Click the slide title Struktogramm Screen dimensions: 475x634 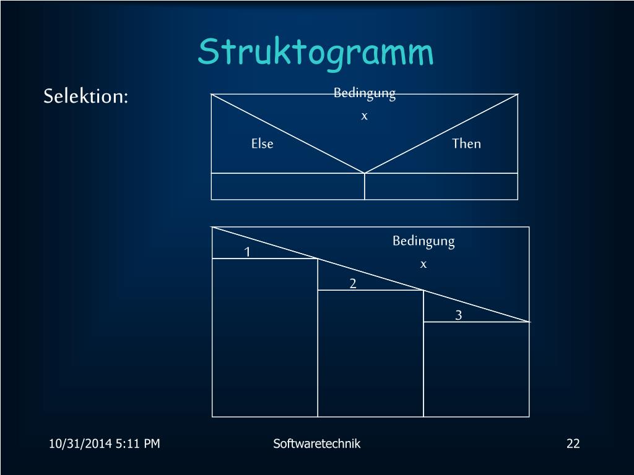pyautogui.click(x=316, y=52)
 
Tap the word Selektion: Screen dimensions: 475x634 pyautogui.click(x=85, y=96)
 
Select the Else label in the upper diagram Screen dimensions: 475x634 pyautogui.click(x=262, y=143)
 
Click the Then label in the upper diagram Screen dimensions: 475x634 pyautogui.click(x=466, y=143)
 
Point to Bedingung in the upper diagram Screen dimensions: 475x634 pyautogui.click(x=364, y=93)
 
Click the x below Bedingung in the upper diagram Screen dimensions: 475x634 pyautogui.click(x=364, y=116)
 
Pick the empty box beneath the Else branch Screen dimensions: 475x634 pyautogui.click(x=288, y=186)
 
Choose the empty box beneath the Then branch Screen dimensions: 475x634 pyautogui.click(x=441, y=186)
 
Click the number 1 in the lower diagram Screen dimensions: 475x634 pyautogui.click(x=247, y=252)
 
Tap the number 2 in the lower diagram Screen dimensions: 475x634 pyautogui.click(x=353, y=284)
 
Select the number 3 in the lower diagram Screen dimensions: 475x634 pyautogui.click(x=459, y=315)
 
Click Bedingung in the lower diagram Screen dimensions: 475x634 pyautogui.click(x=423, y=241)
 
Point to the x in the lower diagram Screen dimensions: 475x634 pyautogui.click(x=423, y=264)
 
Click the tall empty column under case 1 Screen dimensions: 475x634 pyautogui.click(x=265, y=337)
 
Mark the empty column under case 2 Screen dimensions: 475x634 pyautogui.click(x=370, y=353)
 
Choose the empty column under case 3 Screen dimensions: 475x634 pyautogui.click(x=476, y=369)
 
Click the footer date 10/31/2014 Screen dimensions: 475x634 pyautogui.click(x=80, y=443)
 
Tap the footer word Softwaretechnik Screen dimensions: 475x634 pyautogui.click(x=316, y=443)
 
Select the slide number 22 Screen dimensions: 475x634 pyautogui.click(x=573, y=443)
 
